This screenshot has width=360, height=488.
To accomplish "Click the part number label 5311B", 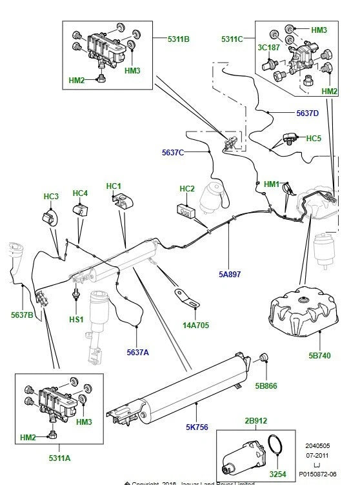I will click(x=178, y=39).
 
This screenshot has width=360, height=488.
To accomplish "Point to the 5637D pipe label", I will click(x=307, y=113).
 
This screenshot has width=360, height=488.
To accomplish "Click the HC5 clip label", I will click(x=314, y=139).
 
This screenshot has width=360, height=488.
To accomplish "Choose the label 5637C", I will click(x=172, y=152).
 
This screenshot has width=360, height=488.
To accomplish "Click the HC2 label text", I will click(x=186, y=189).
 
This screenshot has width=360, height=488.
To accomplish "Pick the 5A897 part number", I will click(x=229, y=274).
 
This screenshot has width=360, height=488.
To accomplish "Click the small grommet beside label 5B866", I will click(x=263, y=358).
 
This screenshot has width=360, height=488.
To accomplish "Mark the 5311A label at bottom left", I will click(x=60, y=458).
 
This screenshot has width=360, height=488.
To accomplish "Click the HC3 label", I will click(x=51, y=196).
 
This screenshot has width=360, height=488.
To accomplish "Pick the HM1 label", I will click(x=272, y=184).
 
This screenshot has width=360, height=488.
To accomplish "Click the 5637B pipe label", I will click(x=22, y=315).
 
